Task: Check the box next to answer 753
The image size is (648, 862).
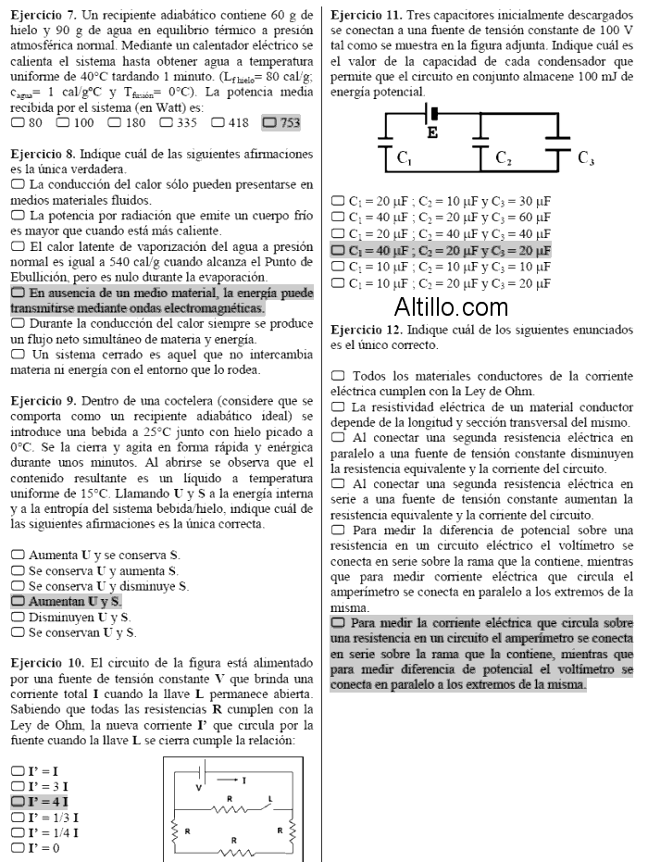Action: point(268,122)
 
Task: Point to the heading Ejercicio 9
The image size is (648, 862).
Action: point(43,399)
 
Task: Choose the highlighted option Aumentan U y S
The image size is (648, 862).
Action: point(19,601)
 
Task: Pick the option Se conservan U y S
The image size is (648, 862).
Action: point(19,632)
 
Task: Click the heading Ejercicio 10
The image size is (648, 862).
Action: point(46,663)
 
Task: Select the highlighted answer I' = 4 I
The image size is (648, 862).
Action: point(19,801)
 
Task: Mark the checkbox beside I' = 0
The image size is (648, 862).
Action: point(19,847)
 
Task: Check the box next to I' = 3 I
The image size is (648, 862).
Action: point(19,785)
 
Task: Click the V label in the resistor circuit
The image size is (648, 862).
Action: point(197,786)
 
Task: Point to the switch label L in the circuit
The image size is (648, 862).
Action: point(269,797)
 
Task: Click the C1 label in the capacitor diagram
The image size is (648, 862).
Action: point(405,158)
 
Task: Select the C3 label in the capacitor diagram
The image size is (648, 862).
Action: point(586,158)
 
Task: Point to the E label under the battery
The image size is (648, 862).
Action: point(432,133)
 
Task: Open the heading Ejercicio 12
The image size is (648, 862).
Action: point(366,330)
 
